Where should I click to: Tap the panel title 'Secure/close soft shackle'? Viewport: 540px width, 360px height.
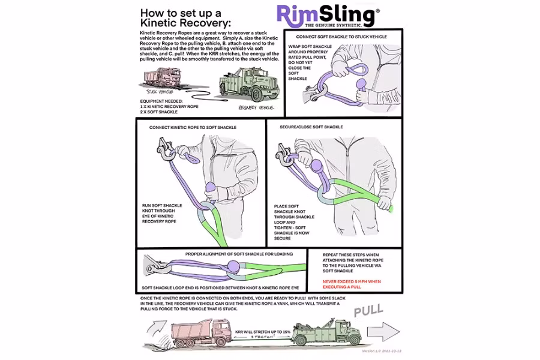click(x=311, y=127)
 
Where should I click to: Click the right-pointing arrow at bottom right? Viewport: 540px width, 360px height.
click(x=383, y=331)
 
